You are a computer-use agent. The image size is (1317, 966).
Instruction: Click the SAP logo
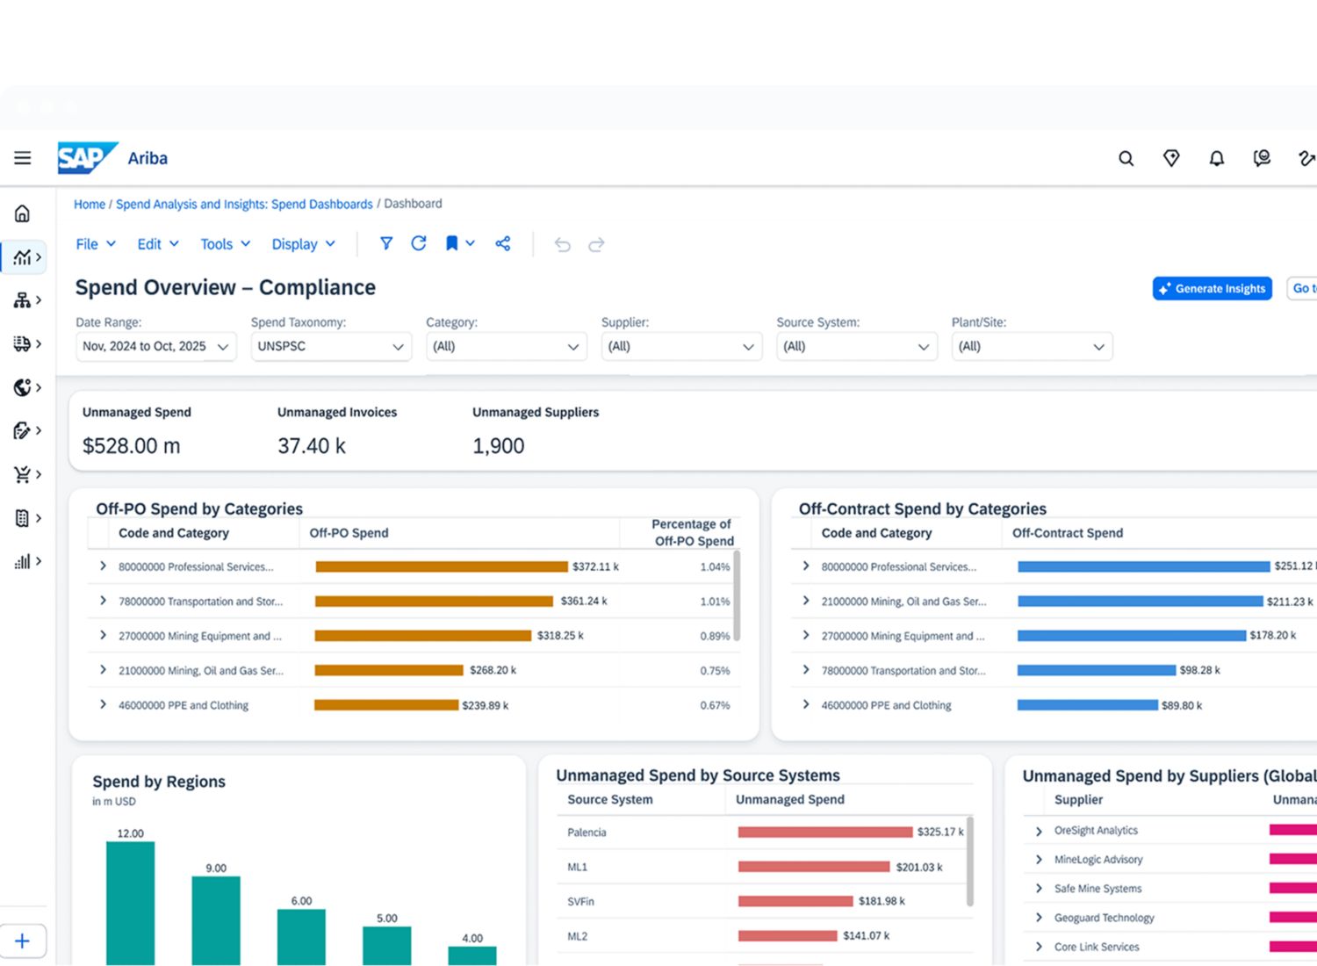(x=88, y=157)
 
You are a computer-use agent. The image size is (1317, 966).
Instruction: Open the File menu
(x=96, y=244)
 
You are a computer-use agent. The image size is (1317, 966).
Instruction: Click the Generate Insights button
(x=1213, y=289)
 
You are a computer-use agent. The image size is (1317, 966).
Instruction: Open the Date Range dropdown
(x=156, y=346)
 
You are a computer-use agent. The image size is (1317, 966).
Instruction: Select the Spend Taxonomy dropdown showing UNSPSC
(x=331, y=346)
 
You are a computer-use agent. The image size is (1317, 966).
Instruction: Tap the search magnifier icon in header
(x=1126, y=158)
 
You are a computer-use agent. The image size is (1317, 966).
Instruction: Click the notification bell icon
(x=1216, y=158)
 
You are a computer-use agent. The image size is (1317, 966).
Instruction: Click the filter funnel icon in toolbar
(x=385, y=243)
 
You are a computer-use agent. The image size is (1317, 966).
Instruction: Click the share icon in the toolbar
(x=503, y=243)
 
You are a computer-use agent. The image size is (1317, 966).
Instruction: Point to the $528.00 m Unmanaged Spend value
(x=131, y=445)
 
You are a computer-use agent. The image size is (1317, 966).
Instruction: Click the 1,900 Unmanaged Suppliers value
(x=498, y=445)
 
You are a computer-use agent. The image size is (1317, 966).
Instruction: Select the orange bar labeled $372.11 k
(x=442, y=566)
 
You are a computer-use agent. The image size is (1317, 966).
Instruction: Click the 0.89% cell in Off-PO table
(x=715, y=636)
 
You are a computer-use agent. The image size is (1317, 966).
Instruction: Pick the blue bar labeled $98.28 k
(x=1097, y=670)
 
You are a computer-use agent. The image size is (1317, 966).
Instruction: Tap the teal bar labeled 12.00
(x=131, y=903)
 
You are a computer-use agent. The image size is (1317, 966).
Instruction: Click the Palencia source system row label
(x=587, y=832)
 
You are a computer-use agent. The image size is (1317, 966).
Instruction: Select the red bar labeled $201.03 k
(x=814, y=867)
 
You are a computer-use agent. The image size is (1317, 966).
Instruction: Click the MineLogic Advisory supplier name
(x=1097, y=859)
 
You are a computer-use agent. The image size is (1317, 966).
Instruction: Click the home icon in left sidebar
(x=22, y=213)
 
